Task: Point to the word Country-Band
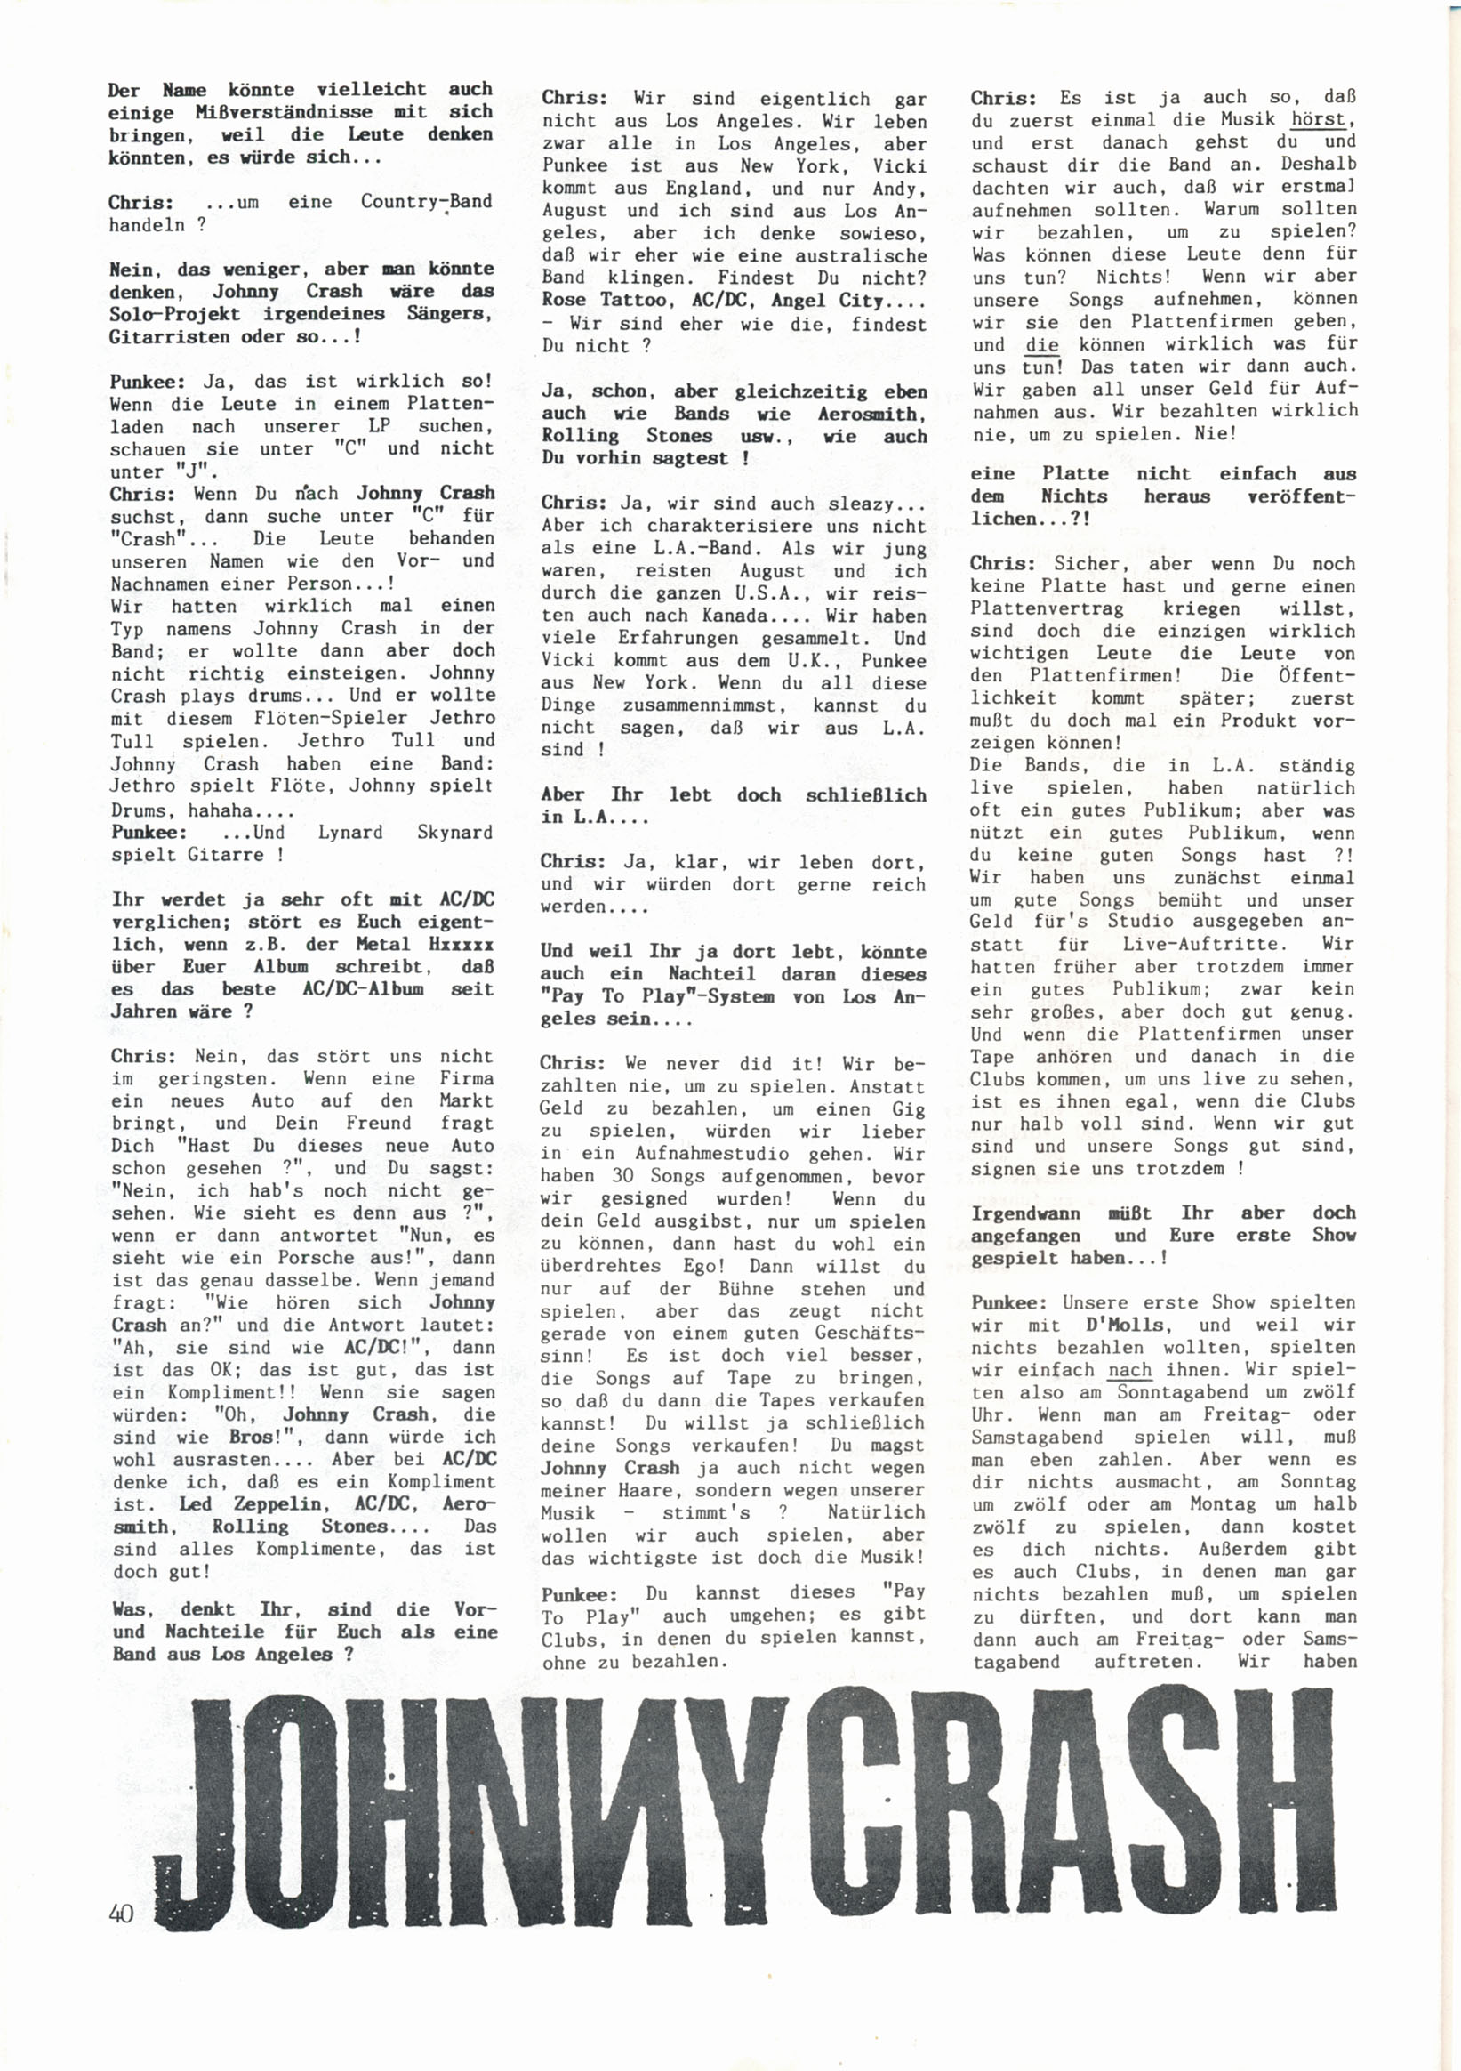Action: (426, 202)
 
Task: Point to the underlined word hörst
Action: (1322, 119)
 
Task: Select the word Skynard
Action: (454, 832)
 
